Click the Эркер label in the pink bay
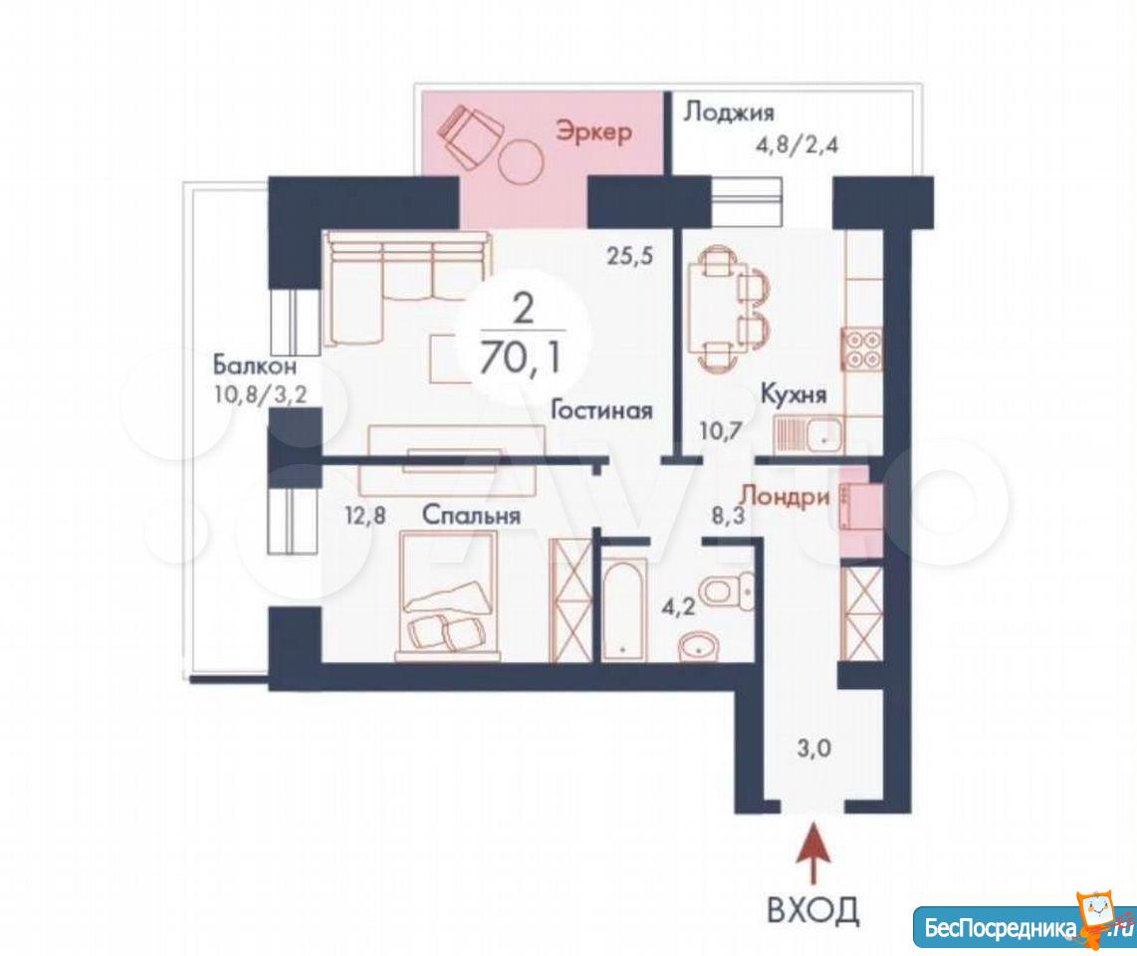(593, 132)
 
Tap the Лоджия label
(729, 113)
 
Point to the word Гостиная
(602, 410)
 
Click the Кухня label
(794, 394)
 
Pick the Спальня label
(471, 515)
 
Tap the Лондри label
(784, 497)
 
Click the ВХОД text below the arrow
(812, 909)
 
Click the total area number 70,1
(522, 358)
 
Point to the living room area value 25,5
(630, 256)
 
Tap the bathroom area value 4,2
(678, 605)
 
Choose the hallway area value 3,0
(814, 748)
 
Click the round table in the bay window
(522, 161)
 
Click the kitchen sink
(807, 434)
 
